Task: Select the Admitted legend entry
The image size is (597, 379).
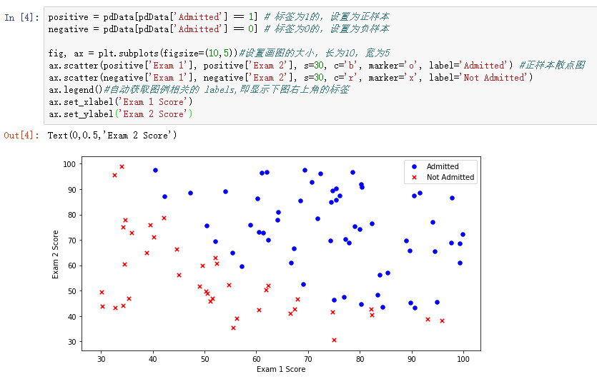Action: pos(443,166)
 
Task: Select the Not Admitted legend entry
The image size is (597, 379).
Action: pos(450,178)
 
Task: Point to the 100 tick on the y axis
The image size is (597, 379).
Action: pos(69,164)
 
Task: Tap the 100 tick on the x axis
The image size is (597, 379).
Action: pos(463,358)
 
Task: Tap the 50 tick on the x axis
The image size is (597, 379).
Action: pos(204,358)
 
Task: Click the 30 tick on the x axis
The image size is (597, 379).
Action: pos(101,358)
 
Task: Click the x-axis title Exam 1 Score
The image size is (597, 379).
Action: pos(281,370)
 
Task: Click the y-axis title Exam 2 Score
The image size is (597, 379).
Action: pos(56,253)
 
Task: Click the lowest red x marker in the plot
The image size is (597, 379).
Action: pos(334,340)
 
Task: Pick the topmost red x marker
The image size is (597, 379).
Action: pos(122,166)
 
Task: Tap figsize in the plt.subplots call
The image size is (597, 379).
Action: pos(167,53)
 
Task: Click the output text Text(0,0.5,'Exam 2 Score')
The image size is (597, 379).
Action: pos(112,135)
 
